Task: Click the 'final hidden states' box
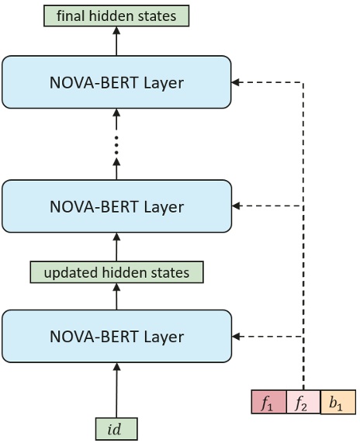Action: pyautogui.click(x=117, y=15)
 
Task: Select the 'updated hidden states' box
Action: pyautogui.click(x=116, y=272)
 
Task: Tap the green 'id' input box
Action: pyautogui.click(x=116, y=428)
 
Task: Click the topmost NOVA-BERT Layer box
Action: pyautogui.click(x=116, y=81)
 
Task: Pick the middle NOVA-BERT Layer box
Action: pyautogui.click(x=116, y=206)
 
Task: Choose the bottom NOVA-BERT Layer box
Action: pyautogui.click(x=116, y=336)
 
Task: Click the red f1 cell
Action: pyautogui.click(x=268, y=403)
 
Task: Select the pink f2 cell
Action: pyautogui.click(x=303, y=403)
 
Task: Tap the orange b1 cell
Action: pyautogui.click(x=337, y=403)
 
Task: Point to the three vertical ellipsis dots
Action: pyautogui.click(x=116, y=146)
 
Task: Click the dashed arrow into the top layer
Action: pyautogui.click(x=268, y=81)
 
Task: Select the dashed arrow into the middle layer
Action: pyautogui.click(x=268, y=206)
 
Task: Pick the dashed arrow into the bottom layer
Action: pyautogui.click(x=268, y=337)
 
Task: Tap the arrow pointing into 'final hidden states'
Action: pyautogui.click(x=116, y=40)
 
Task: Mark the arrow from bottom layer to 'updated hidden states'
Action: pyautogui.click(x=116, y=296)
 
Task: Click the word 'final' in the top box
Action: pyautogui.click(x=71, y=15)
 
